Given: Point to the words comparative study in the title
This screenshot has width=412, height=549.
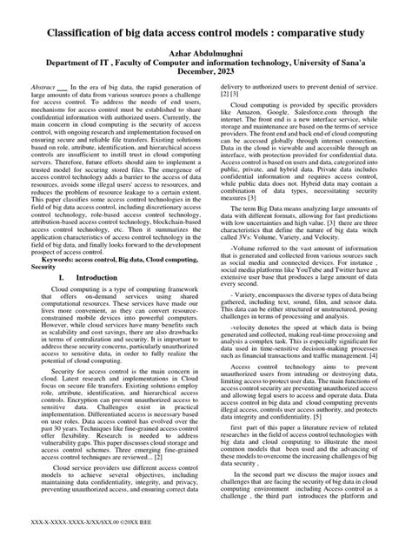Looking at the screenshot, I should tap(334, 32).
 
